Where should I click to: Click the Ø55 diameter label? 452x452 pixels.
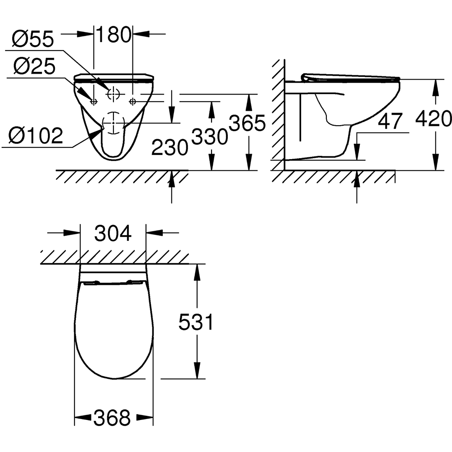[33, 40]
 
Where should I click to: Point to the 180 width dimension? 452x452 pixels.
[113, 35]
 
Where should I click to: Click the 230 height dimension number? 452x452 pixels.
[169, 147]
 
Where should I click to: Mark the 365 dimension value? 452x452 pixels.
[246, 123]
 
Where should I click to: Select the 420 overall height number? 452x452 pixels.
[433, 119]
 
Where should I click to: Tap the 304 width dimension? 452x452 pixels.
[113, 234]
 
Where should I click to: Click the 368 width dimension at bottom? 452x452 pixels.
[113, 418]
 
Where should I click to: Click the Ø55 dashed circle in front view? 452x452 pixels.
[113, 94]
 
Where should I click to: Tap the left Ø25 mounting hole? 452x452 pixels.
[94, 101]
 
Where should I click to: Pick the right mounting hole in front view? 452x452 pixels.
[132, 101]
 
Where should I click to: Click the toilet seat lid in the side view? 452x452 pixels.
[350, 77]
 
